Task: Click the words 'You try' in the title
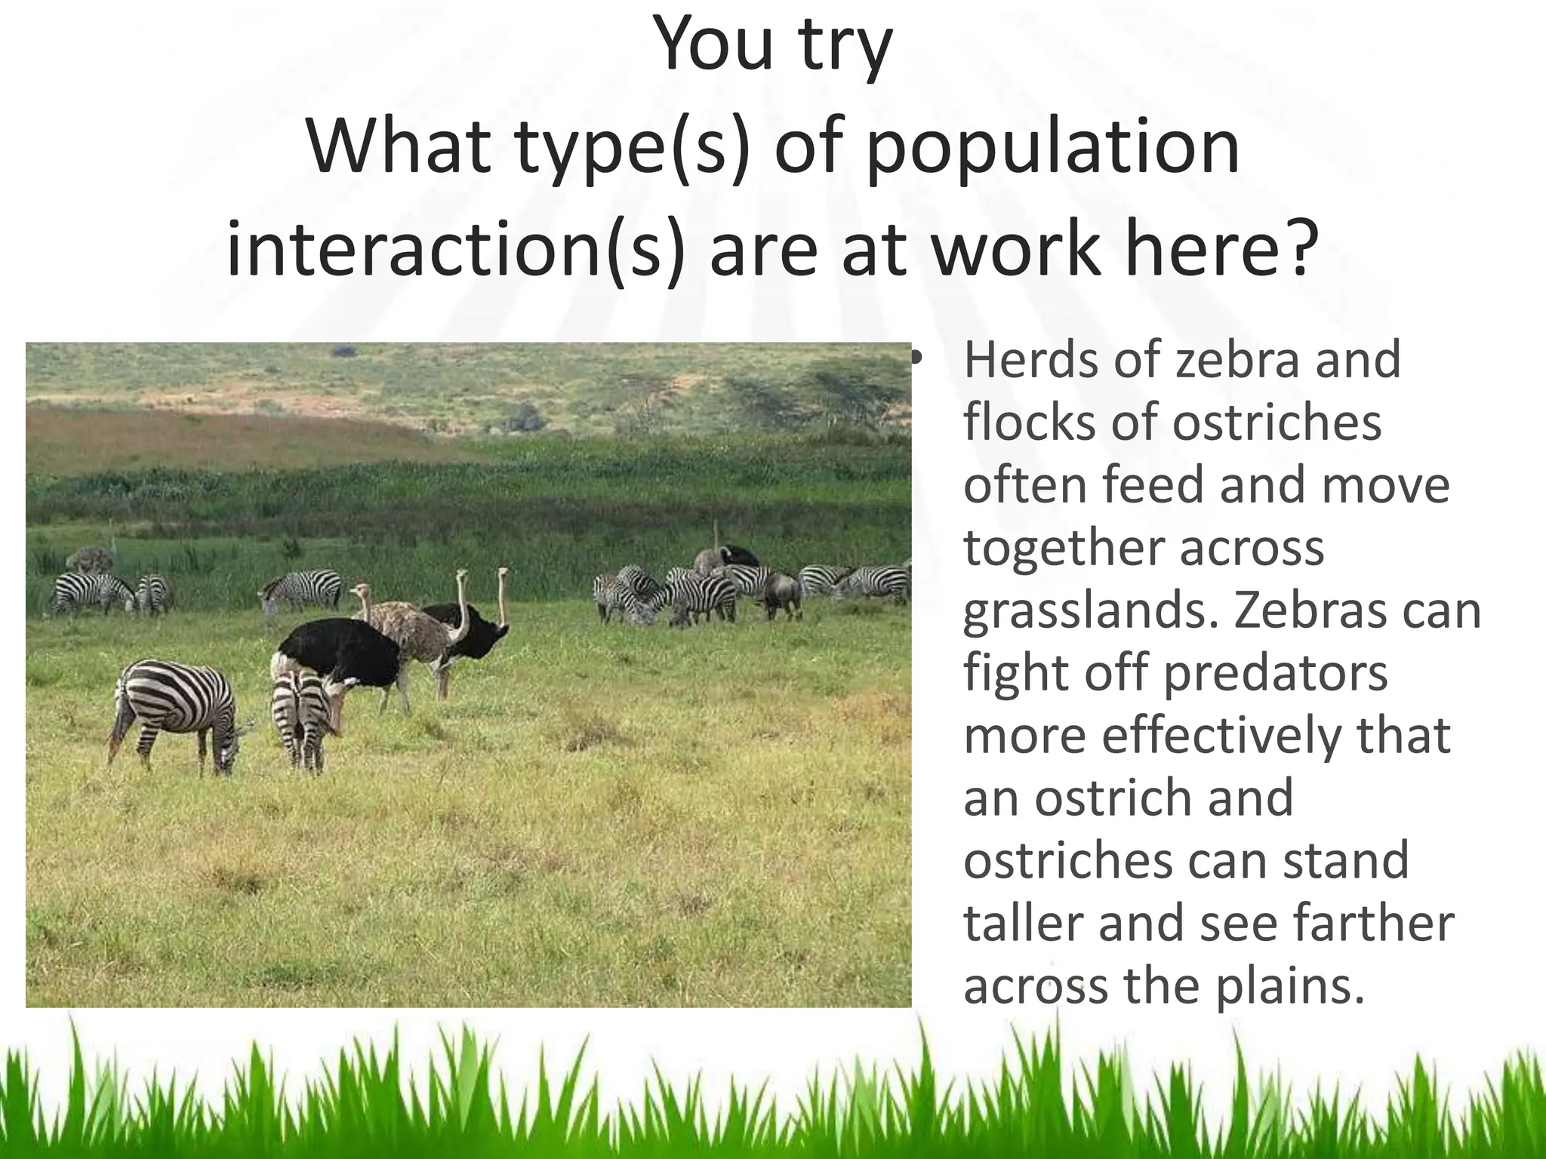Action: [x=772, y=47]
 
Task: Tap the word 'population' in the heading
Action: [x=1051, y=147]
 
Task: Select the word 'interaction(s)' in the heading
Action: [x=454, y=249]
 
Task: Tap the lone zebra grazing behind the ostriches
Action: [x=302, y=588]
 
